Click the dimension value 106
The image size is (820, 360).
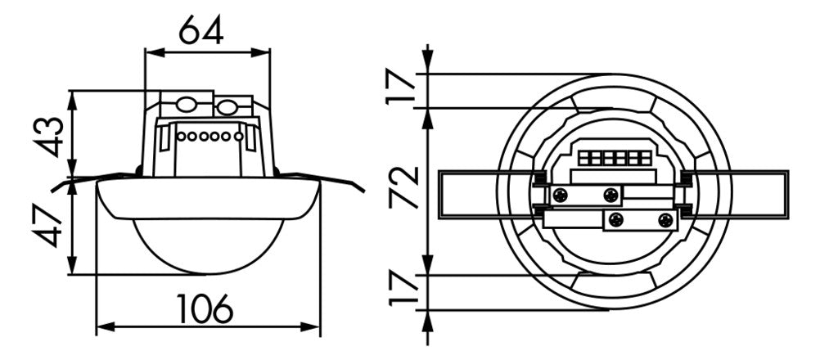click(x=205, y=308)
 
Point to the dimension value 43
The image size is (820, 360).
click(x=52, y=136)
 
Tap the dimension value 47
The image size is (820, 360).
click(x=52, y=226)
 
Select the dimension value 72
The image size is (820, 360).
click(x=404, y=187)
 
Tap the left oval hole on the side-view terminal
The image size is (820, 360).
click(x=185, y=105)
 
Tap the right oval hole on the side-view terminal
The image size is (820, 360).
click(x=227, y=109)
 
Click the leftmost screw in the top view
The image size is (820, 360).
click(x=560, y=196)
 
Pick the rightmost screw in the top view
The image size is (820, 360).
click(x=665, y=220)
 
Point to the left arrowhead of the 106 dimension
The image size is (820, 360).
click(x=105, y=327)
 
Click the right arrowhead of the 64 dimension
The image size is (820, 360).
click(x=261, y=52)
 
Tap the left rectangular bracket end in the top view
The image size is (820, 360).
click(x=467, y=195)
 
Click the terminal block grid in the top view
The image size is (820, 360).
click(x=612, y=158)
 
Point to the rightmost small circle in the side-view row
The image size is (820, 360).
click(x=238, y=137)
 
